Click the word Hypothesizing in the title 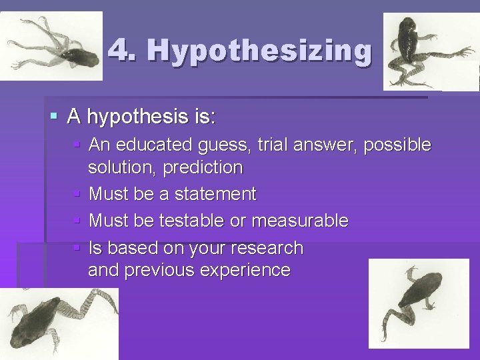(259, 50)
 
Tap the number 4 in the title (118, 48)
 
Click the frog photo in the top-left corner (51, 46)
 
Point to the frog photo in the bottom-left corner (59, 323)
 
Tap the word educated (157, 145)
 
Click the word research (265, 248)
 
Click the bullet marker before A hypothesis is (54, 117)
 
